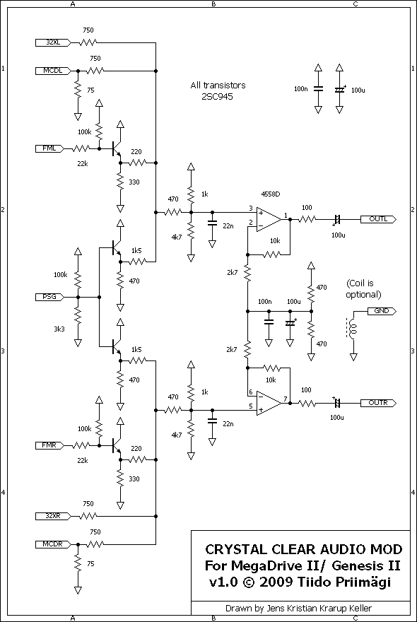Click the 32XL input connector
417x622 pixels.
[53, 42]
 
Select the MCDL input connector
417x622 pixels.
[53, 71]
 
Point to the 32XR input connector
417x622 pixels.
[53, 516]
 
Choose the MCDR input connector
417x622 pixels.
[53, 544]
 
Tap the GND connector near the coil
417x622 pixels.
[382, 311]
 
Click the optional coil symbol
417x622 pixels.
[352, 327]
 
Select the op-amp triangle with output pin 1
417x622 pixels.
[269, 219]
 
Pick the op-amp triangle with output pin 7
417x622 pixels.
[269, 403]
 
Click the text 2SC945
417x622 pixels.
[217, 95]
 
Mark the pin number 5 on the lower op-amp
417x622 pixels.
[251, 406]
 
